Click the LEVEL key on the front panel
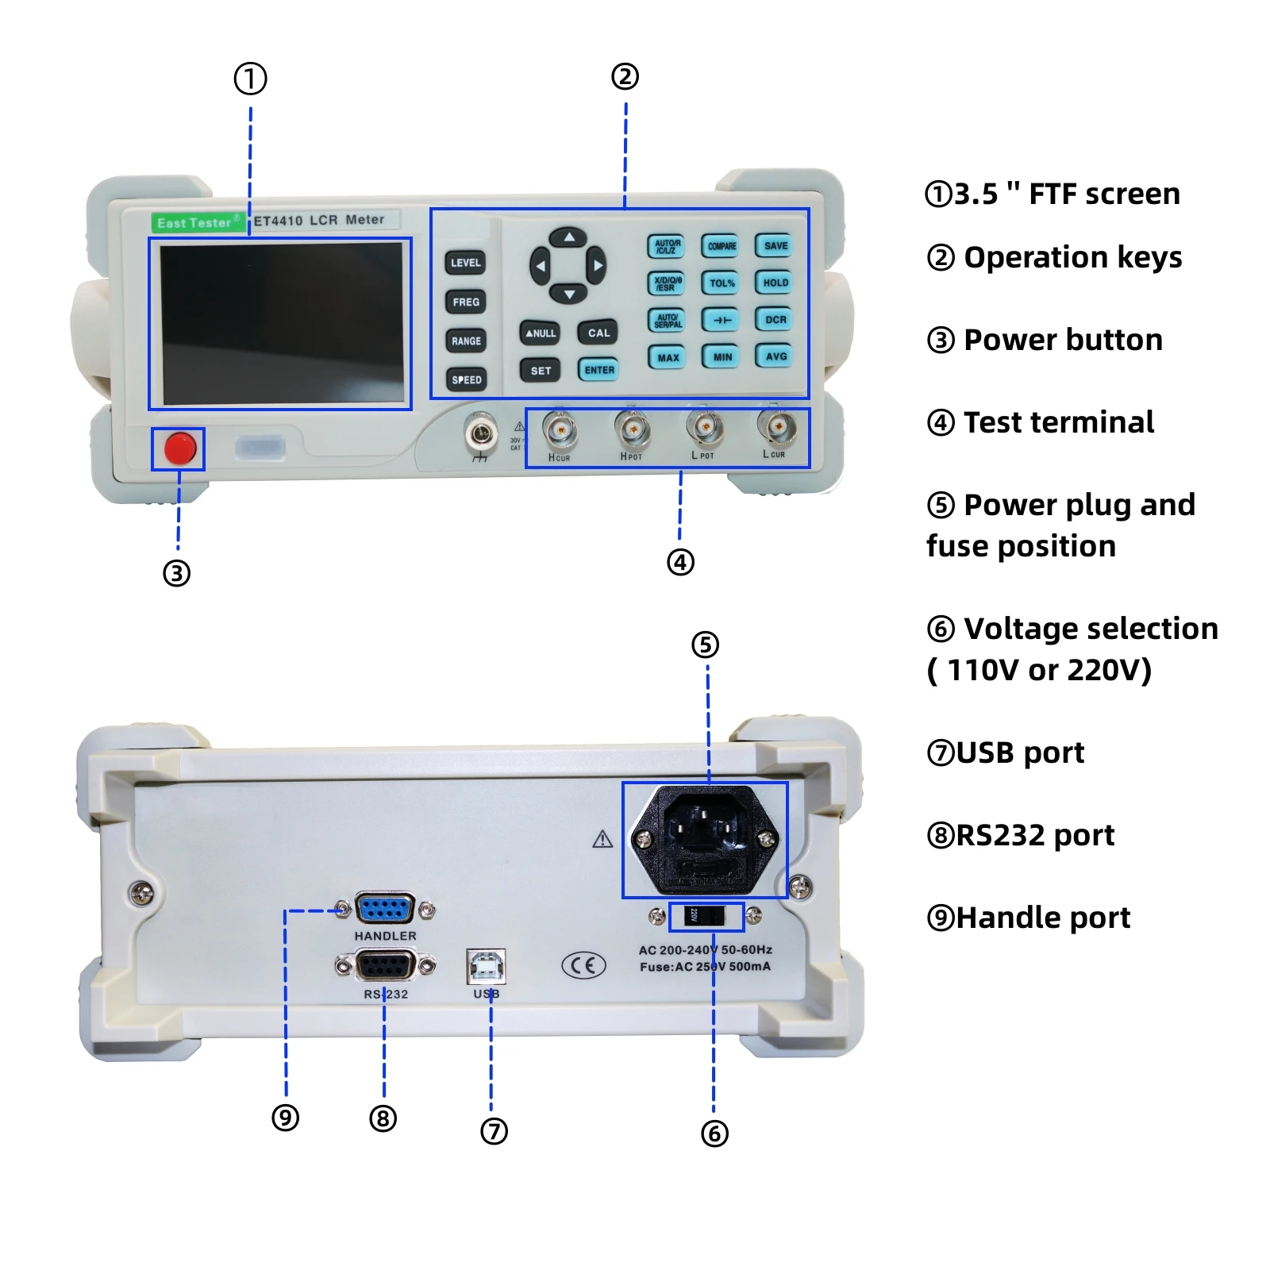click(x=465, y=263)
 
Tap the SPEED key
click(x=466, y=379)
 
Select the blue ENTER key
click(x=598, y=370)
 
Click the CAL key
click(x=598, y=333)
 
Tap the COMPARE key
click(x=722, y=246)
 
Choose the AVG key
click(x=775, y=356)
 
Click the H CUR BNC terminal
click(x=560, y=431)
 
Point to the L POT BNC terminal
click(x=704, y=429)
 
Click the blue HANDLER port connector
click(x=385, y=909)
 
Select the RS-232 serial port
click(x=385, y=966)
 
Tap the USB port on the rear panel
click(x=486, y=966)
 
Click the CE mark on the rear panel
click(x=583, y=965)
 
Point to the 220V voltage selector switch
click(x=706, y=916)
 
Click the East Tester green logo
click(x=198, y=223)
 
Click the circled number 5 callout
click(x=705, y=645)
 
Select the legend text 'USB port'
click(x=1006, y=752)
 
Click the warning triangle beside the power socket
click(x=602, y=839)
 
